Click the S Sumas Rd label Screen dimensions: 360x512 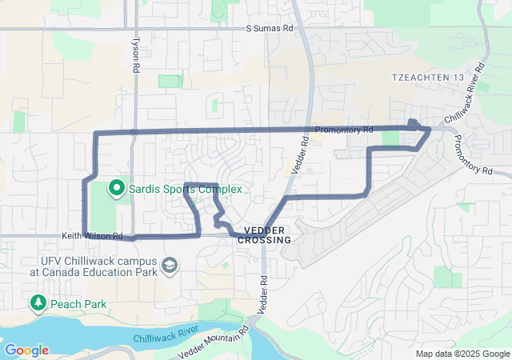pos(270,29)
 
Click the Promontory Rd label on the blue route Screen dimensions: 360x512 pos(344,130)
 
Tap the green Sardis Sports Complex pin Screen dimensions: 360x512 pos(116,189)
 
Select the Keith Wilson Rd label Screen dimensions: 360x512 pos(94,236)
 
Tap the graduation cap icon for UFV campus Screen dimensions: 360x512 pos(170,265)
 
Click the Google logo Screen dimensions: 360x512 pos(26,350)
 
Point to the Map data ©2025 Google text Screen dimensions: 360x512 pos(462,354)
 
